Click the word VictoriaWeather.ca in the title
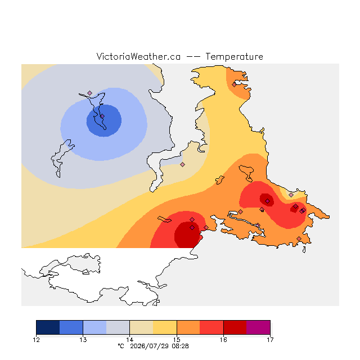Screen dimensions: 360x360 [x=138, y=57]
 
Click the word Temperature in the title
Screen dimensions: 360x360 [x=234, y=57]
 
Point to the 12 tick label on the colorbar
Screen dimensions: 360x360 [x=36, y=340]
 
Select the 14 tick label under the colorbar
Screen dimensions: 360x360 [x=130, y=340]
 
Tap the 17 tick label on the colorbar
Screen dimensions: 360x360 [x=270, y=340]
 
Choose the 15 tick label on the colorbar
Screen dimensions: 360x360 [x=177, y=340]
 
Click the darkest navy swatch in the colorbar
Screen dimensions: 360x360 [x=48, y=327]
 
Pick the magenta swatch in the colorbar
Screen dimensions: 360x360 [x=258, y=327]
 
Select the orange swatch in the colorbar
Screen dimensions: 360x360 [x=188, y=327]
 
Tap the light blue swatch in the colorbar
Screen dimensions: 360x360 [x=94, y=327]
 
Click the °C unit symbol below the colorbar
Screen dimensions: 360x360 [x=121, y=346]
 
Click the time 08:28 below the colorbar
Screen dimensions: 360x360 [x=180, y=346]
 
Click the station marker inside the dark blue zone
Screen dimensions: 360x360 [x=102, y=116]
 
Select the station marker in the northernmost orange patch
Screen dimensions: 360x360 [x=234, y=85]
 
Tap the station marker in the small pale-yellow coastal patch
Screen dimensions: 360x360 [x=291, y=195]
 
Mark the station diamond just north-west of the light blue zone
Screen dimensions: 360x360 [x=90, y=93]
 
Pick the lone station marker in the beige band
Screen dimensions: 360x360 [x=182, y=164]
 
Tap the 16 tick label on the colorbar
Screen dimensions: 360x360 [x=223, y=340]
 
